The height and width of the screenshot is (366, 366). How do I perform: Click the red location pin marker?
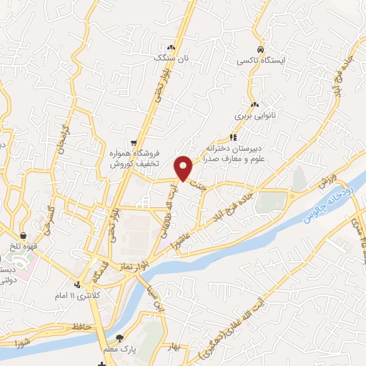tap(184, 168)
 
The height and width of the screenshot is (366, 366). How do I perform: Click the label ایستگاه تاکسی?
tap(262, 61)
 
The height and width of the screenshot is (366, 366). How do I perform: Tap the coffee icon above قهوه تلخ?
tap(24, 236)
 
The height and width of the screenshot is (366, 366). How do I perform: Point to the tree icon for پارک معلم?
tap(119, 338)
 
